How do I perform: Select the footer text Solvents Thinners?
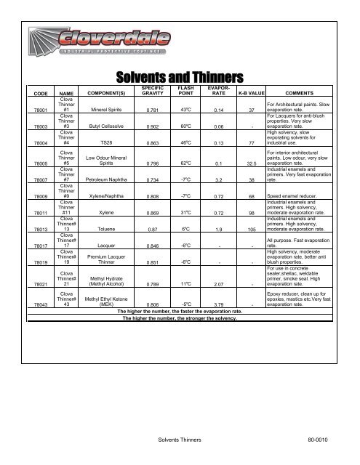[180, 440]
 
